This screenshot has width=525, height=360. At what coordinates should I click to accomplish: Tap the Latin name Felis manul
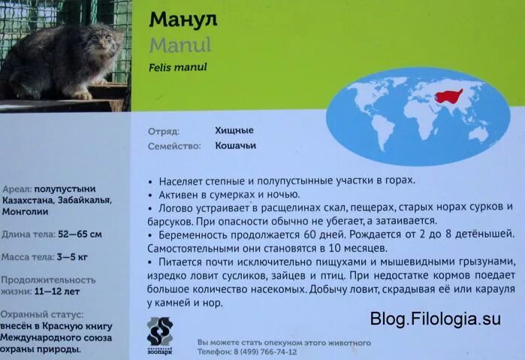[x=177, y=68]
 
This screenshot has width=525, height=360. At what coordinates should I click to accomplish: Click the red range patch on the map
[x=448, y=96]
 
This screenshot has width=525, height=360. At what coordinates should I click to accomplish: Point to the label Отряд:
[x=163, y=130]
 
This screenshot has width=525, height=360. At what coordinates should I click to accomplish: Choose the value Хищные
[x=234, y=130]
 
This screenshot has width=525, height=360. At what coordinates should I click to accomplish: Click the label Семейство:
[x=174, y=146]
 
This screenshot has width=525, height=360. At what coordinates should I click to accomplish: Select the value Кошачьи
[x=236, y=146]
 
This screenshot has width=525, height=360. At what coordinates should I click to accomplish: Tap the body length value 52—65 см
[x=79, y=234]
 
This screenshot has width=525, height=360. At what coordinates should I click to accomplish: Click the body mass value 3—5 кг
[x=72, y=257]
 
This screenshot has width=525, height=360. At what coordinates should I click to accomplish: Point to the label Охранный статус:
[x=42, y=314]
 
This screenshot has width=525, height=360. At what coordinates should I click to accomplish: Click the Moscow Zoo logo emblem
[x=159, y=331]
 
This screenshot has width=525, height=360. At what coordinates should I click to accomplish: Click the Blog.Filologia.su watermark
[x=435, y=319]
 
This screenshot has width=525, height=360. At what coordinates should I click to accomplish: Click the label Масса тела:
[x=26, y=257]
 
